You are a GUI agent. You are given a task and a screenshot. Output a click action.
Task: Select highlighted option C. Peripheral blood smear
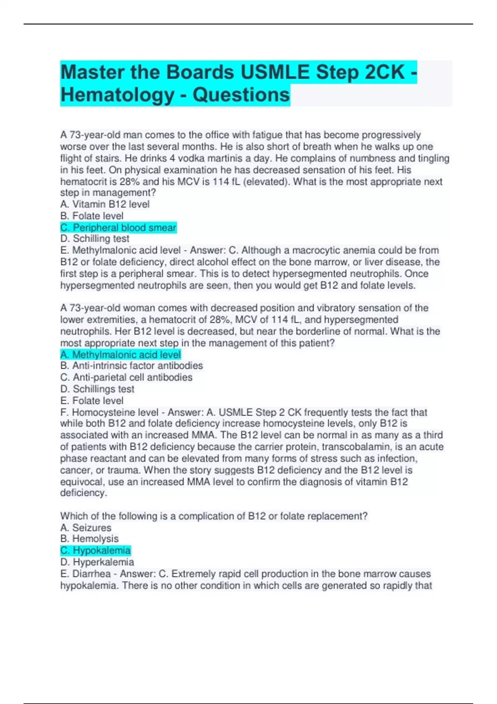[x=118, y=227]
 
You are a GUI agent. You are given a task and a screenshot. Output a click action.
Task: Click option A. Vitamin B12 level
[x=105, y=204]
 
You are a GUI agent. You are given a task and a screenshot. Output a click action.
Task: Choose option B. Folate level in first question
[x=92, y=216]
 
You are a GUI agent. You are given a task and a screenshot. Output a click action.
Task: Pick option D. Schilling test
[x=95, y=239]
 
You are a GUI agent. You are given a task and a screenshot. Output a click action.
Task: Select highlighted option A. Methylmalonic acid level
[x=121, y=354]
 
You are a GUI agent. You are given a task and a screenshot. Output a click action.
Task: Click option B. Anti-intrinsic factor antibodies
[x=131, y=366]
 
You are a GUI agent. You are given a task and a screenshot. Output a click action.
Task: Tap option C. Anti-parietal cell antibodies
[x=126, y=377]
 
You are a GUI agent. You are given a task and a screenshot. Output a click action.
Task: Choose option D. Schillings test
[x=97, y=389]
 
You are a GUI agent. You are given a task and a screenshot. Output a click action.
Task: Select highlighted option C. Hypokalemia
[x=95, y=550]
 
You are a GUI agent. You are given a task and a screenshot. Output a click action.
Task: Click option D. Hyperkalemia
[x=97, y=562]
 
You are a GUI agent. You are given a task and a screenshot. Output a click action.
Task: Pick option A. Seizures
[x=86, y=528]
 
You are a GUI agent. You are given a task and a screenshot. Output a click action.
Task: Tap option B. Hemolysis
[x=89, y=539]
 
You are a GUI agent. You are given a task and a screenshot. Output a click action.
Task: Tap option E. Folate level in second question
[x=92, y=400]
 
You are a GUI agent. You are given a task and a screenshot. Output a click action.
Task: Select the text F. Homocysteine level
[x=109, y=412]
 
